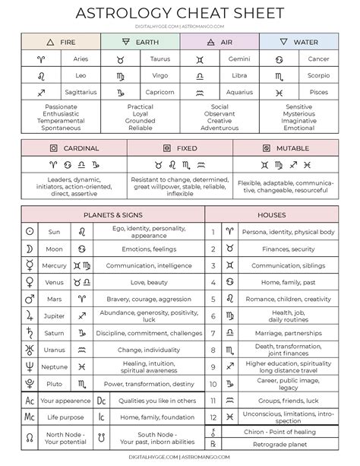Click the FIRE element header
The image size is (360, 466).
tap(61, 43)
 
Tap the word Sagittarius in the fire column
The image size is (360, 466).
tap(81, 92)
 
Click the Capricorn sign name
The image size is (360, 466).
tap(160, 92)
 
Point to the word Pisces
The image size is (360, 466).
tap(319, 92)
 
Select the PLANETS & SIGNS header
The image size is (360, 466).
tap(112, 214)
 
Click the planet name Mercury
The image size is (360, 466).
tap(54, 265)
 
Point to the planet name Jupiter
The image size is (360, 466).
tap(54, 315)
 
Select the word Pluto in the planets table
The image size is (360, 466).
tap(54, 384)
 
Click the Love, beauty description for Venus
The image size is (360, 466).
tap(148, 282)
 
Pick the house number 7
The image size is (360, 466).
tap(213, 332)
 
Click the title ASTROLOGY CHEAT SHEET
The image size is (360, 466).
tap(180, 13)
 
